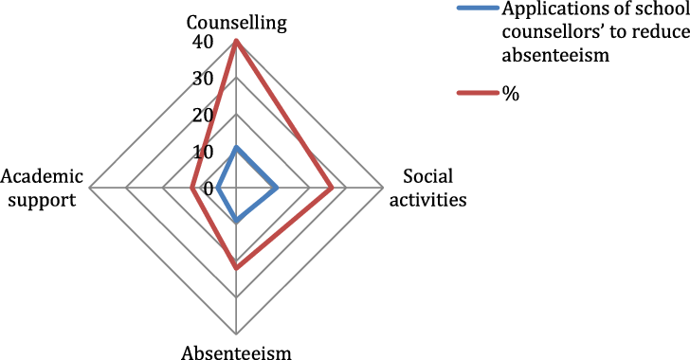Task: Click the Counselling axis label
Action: coord(235,20)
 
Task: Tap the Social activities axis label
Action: coord(435,188)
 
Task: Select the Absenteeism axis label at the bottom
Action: coord(236,351)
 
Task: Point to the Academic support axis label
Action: coord(43,188)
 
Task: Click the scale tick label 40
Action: coord(201,43)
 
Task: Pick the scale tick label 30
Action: coord(201,79)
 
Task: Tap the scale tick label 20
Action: coord(201,116)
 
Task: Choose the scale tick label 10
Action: coord(201,152)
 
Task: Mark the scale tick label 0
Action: coord(208,188)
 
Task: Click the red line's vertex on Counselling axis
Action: coord(236,41)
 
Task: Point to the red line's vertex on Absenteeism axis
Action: coord(236,268)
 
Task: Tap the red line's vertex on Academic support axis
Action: coord(192,188)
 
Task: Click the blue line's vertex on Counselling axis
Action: coord(236,148)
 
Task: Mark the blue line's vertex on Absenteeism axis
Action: coord(236,223)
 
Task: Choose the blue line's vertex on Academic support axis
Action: coord(218,188)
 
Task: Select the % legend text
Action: coord(509,94)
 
